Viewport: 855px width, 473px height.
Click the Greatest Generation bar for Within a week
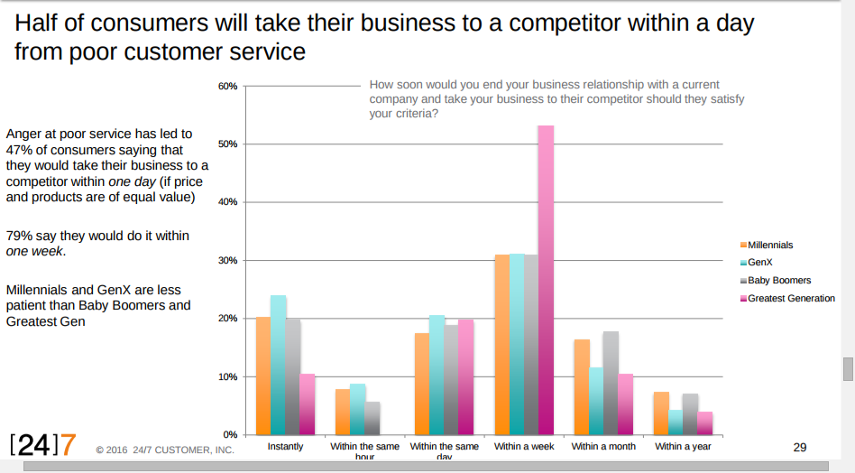point(546,280)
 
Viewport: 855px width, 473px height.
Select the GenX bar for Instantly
point(278,365)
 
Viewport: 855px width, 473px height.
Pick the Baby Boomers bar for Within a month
point(611,383)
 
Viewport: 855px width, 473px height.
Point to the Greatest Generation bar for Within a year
point(704,422)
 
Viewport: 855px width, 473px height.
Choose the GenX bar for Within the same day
point(437,375)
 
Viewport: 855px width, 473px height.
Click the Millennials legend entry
point(770,245)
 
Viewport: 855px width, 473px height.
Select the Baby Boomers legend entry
point(779,280)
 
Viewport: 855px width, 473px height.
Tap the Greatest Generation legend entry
point(791,298)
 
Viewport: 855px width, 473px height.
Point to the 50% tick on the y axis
point(227,144)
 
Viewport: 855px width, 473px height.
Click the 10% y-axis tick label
point(227,376)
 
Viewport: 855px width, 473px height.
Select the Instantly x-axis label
point(286,446)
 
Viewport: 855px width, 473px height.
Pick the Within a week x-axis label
point(524,446)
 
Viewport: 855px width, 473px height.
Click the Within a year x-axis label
point(683,446)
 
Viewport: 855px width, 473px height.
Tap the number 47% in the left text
point(20,150)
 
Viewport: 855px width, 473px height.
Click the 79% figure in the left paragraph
point(20,236)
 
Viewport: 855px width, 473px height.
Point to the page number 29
point(799,447)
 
